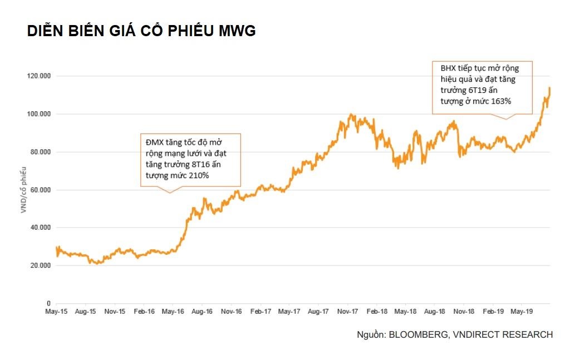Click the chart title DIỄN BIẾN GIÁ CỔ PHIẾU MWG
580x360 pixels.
141,32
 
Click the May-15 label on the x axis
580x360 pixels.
56,313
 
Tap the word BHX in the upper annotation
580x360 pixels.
448,68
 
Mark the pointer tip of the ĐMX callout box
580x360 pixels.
170,193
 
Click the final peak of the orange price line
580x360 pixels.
549,87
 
